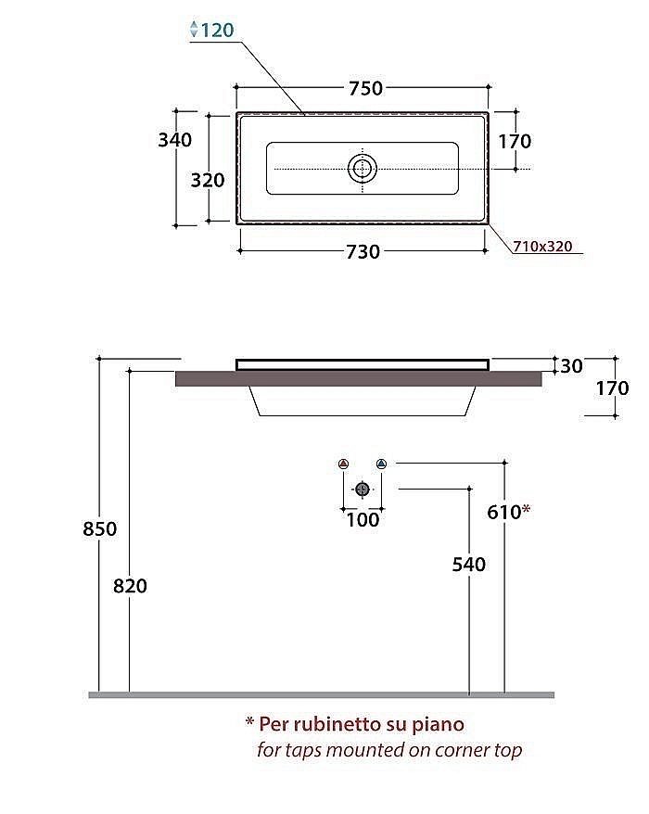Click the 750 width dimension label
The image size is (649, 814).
pyautogui.click(x=365, y=88)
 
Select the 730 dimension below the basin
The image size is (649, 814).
pyautogui.click(x=363, y=252)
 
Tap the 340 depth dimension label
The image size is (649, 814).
pyautogui.click(x=175, y=140)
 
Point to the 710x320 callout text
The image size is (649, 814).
pyautogui.click(x=542, y=246)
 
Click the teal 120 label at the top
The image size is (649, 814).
pyautogui.click(x=218, y=30)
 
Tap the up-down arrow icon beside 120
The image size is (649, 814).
pyautogui.click(x=194, y=29)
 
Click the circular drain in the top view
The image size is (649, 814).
pyautogui.click(x=362, y=168)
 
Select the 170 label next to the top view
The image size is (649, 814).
pyautogui.click(x=515, y=141)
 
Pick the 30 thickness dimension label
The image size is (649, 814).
pyautogui.click(x=571, y=366)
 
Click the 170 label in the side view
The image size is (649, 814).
pyautogui.click(x=612, y=388)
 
